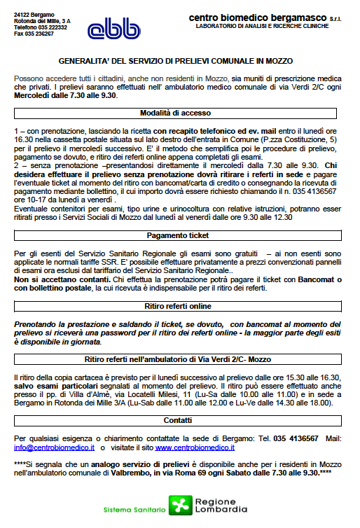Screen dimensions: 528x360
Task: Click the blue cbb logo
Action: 108,28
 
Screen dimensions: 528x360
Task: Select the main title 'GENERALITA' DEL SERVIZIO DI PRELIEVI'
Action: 179,61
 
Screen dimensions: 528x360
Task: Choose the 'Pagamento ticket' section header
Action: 179,235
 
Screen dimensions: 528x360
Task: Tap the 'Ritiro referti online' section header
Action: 179,305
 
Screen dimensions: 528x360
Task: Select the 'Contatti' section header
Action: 179,420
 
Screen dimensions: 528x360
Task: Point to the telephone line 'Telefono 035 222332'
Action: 39,27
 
